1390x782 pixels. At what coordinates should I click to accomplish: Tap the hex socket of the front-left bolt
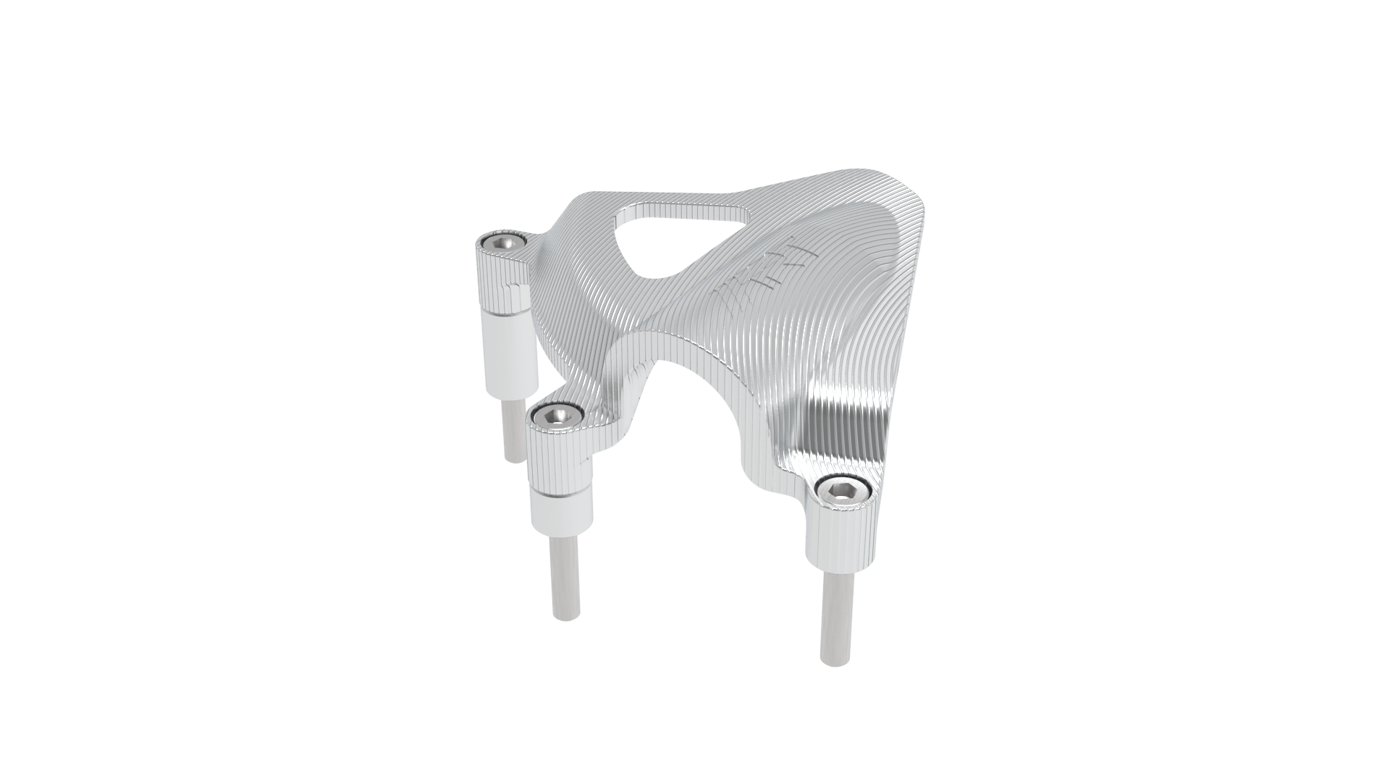point(556,416)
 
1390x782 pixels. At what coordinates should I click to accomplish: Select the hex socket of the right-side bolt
point(841,492)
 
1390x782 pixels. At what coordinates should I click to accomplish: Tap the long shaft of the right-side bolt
point(836,615)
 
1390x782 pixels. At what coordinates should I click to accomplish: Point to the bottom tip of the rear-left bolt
point(515,458)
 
